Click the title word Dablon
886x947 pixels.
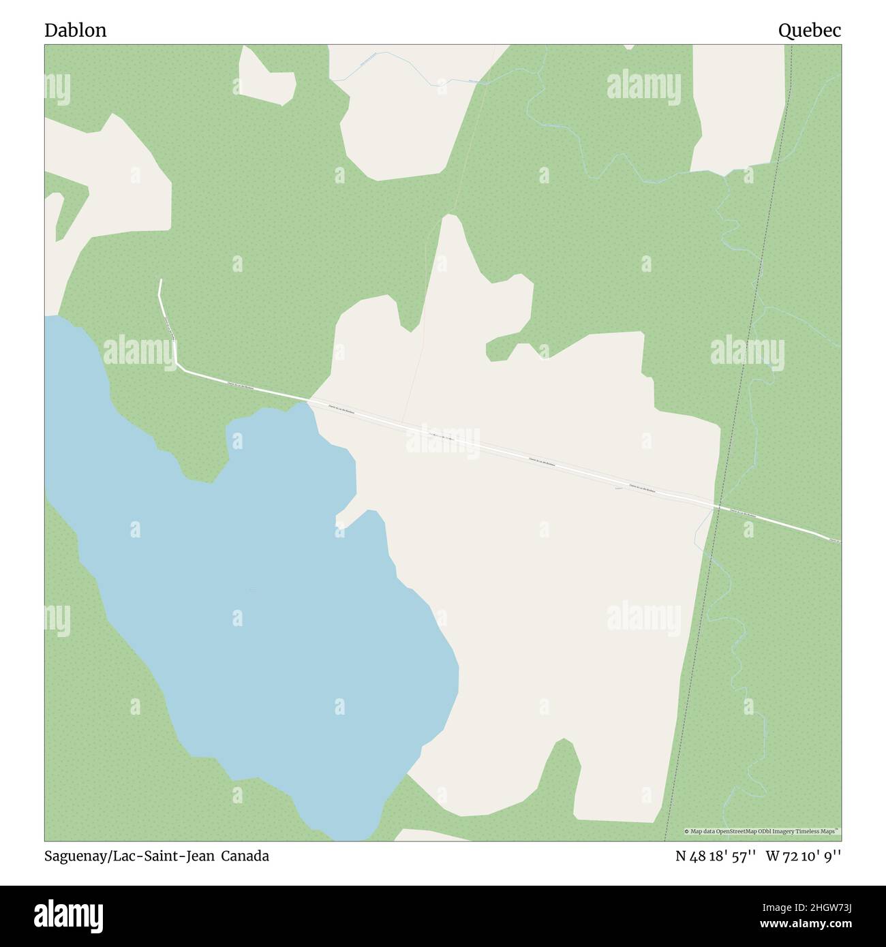[x=75, y=31]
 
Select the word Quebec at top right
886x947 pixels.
[x=810, y=31]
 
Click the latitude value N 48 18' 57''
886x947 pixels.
[x=716, y=856]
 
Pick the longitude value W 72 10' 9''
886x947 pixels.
[x=804, y=856]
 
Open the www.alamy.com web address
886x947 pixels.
[x=795, y=924]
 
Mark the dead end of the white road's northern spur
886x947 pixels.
[x=161, y=280]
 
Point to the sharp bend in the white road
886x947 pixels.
[x=177, y=364]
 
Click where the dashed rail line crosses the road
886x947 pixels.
[x=716, y=506]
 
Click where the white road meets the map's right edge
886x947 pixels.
[x=839, y=540]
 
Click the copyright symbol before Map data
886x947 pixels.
[x=687, y=831]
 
